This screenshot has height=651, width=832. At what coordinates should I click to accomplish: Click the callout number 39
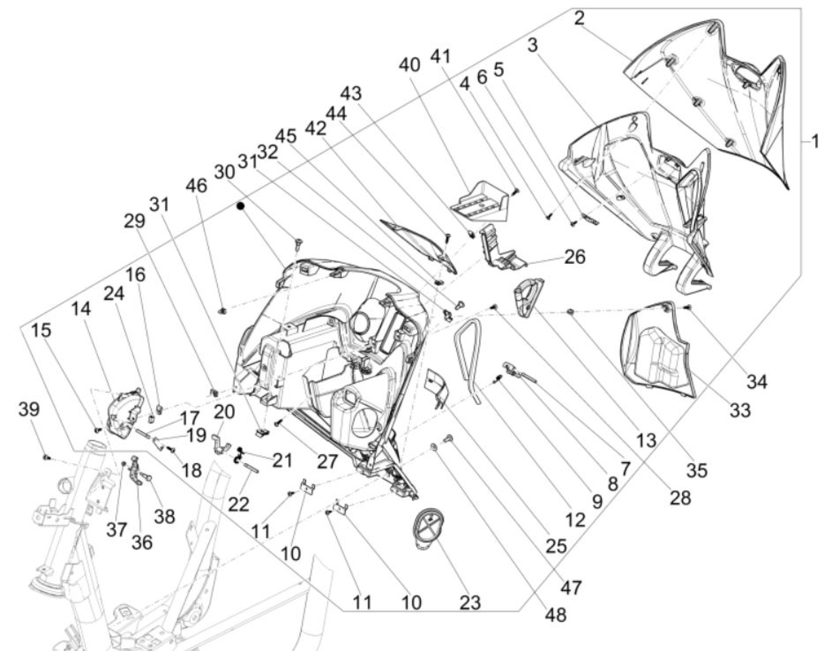pos(29,410)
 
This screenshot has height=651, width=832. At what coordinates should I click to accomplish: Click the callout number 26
pos(574,257)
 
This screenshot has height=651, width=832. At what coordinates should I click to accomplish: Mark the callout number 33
pos(740,411)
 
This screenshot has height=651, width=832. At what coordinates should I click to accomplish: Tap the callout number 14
pos(81,309)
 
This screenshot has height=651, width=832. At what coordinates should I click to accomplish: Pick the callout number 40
pos(410,65)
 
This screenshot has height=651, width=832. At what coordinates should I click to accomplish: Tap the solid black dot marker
pos(240,206)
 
